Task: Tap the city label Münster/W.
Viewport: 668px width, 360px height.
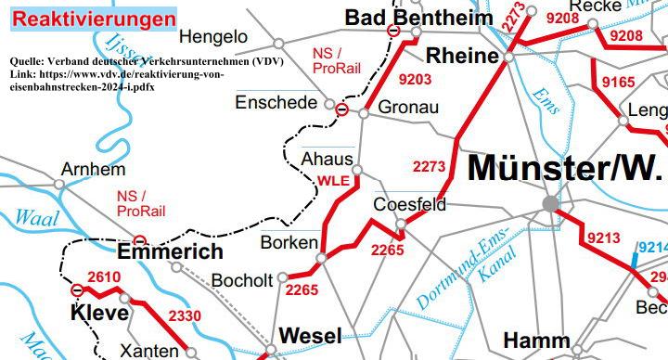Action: [x=567, y=169]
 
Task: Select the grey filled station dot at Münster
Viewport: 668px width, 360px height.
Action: [x=551, y=203]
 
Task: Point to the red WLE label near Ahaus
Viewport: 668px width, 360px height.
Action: [x=333, y=181]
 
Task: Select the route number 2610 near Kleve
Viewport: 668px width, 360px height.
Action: [x=104, y=277]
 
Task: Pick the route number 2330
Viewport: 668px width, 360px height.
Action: [x=185, y=317]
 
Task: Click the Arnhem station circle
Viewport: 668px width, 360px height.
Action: [x=59, y=185]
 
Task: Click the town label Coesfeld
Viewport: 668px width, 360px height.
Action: [x=409, y=204]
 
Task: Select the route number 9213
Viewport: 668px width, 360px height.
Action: [x=602, y=238]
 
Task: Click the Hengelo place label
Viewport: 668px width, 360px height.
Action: [x=213, y=37]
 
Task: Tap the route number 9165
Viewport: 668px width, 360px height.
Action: [x=619, y=83]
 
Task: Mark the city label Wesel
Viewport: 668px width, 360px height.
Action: [x=310, y=335]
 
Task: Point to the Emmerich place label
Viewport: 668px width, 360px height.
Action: [x=171, y=251]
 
